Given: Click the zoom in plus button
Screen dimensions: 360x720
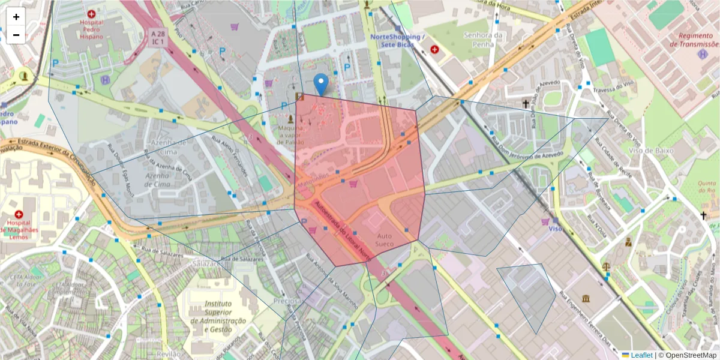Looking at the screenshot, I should click(x=16, y=17).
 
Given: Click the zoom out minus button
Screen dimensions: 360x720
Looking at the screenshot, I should click(x=16, y=35).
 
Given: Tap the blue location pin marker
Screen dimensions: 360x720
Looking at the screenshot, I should click(x=322, y=85).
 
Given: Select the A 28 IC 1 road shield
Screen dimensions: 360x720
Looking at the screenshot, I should click(x=158, y=37).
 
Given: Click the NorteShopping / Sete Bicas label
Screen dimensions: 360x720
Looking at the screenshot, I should click(x=397, y=37).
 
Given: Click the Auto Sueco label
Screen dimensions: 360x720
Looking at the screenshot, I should click(x=383, y=240).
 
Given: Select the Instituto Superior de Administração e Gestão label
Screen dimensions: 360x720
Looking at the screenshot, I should click(x=218, y=317).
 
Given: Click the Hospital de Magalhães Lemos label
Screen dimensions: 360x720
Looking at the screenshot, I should click(x=19, y=229).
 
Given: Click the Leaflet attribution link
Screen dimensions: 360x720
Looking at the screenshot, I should click(x=641, y=355).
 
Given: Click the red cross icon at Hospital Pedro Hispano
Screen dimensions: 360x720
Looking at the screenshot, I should click(x=91, y=13).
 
